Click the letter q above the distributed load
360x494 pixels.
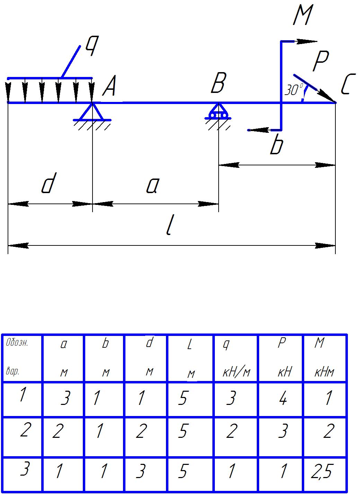pos(90,46)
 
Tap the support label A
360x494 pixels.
pos(109,86)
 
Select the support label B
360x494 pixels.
pos(218,84)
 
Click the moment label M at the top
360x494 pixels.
pos(302,16)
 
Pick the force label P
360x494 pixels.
pos(320,62)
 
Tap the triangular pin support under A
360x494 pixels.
pos(92,113)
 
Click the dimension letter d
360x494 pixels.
pos(48,185)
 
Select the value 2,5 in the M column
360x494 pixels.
pos(322,472)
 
